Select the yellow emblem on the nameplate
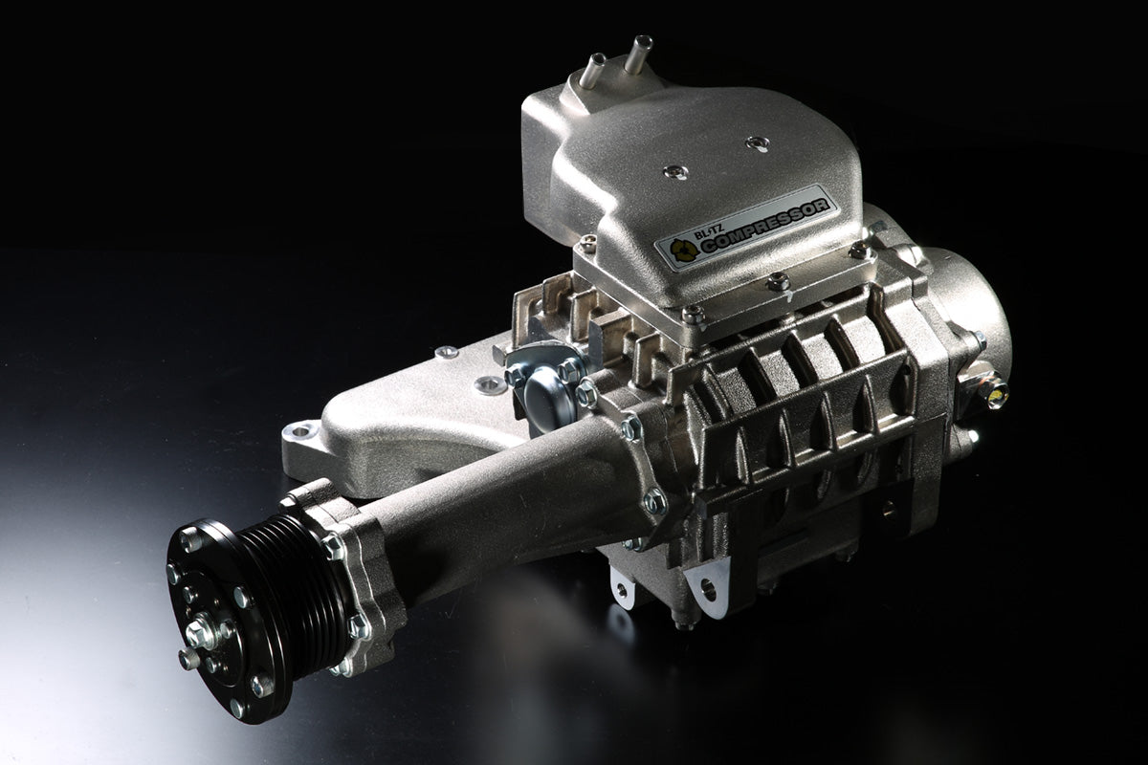click(684, 251)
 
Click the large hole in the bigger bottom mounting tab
click(708, 590)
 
